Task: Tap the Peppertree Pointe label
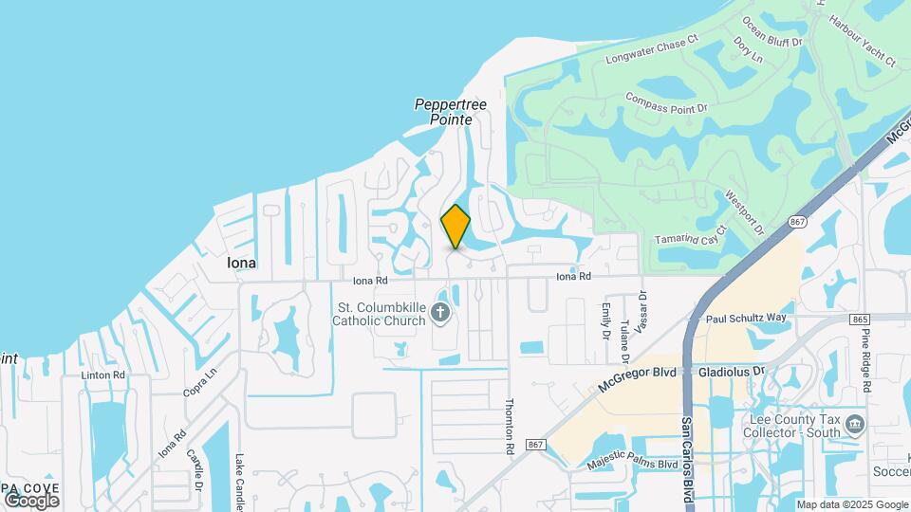tap(450, 112)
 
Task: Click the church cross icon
tap(439, 312)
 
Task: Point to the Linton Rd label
tap(102, 375)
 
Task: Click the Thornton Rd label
tap(510, 424)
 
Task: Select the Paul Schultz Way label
tap(747, 319)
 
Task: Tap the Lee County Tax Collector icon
tap(856, 423)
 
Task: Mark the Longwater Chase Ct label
tap(652, 48)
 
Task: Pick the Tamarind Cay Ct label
tap(690, 237)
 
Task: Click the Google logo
tap(31, 500)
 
